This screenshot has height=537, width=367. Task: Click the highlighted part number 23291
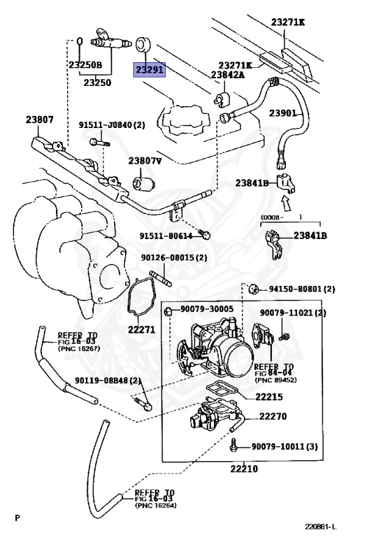pyautogui.click(x=149, y=71)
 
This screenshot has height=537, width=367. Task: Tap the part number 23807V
pyautogui.click(x=145, y=162)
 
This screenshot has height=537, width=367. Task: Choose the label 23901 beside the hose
pyautogui.click(x=283, y=113)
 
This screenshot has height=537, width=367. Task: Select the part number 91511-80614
pyautogui.click(x=166, y=236)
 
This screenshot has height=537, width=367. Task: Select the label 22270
pyautogui.click(x=273, y=417)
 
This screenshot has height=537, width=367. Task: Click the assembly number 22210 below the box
pyautogui.click(x=240, y=468)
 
